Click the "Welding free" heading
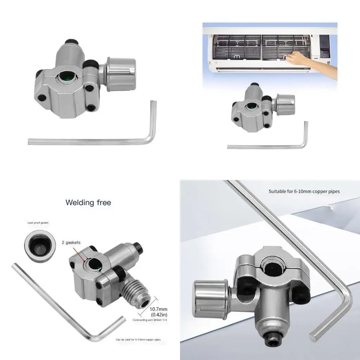(88, 202)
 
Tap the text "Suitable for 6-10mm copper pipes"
(304, 192)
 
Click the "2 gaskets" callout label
(71, 243)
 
